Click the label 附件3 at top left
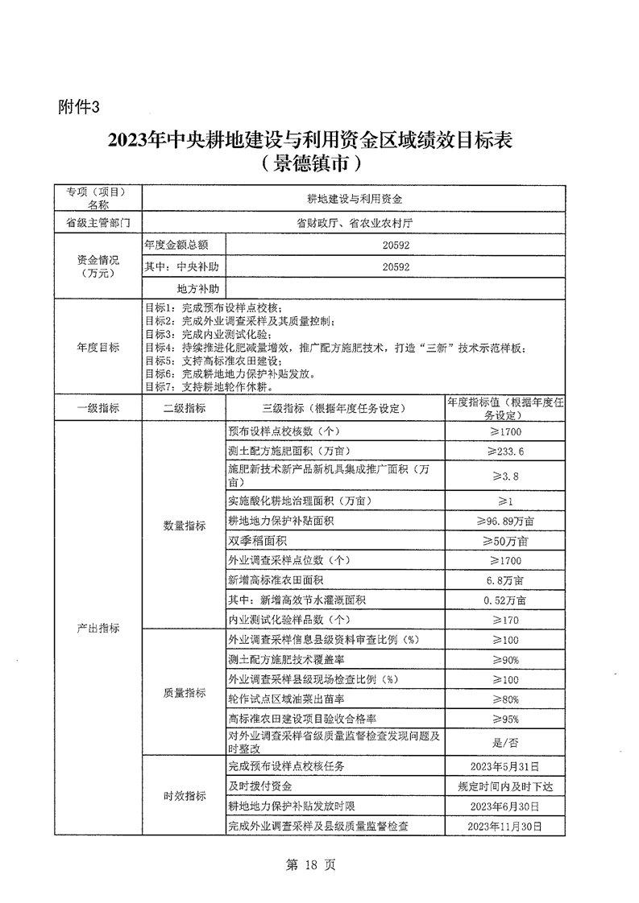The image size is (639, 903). [81, 106]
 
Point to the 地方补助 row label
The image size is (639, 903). [188, 287]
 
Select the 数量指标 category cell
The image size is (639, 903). [184, 526]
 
